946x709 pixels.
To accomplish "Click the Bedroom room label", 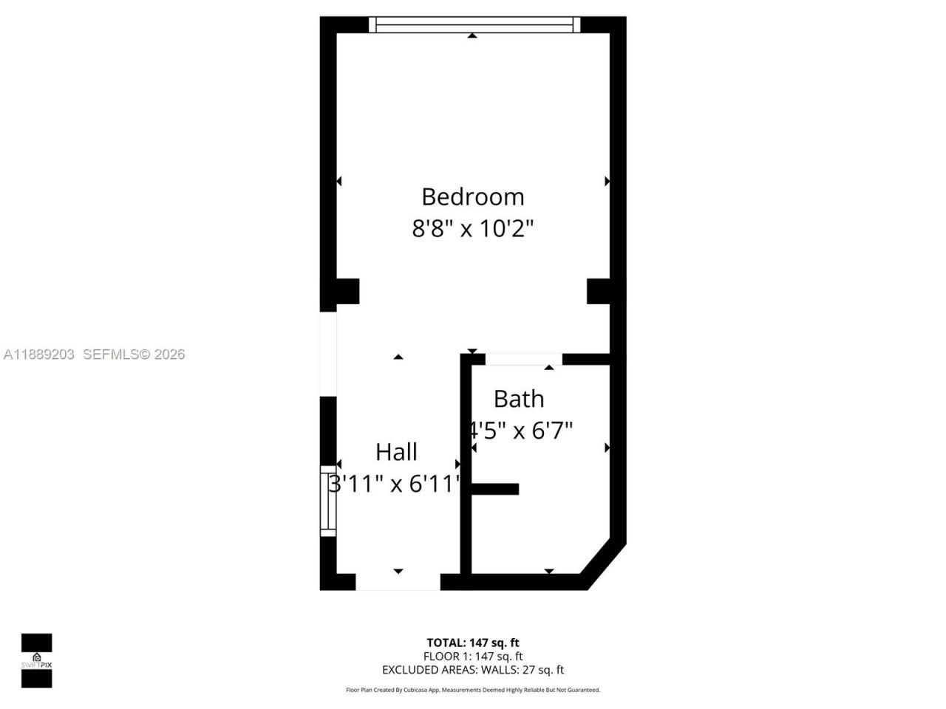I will pyautogui.click(x=472, y=196).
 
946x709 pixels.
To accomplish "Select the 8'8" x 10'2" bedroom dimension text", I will pyautogui.click(x=472, y=228).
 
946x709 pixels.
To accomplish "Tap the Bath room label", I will pyautogui.click(x=518, y=399).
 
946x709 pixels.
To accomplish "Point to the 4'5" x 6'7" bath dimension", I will pyautogui.click(x=522, y=430).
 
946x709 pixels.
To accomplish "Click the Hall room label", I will pyautogui.click(x=396, y=452).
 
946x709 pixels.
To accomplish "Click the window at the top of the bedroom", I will pyautogui.click(x=474, y=25).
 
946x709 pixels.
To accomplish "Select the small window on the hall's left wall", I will pyautogui.click(x=328, y=501).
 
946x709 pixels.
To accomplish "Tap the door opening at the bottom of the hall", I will pyautogui.click(x=398, y=581).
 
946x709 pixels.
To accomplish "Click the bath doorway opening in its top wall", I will pyautogui.click(x=523, y=360).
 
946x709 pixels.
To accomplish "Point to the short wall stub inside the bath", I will pyautogui.click(x=494, y=488).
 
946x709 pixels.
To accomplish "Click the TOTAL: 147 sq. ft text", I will pyautogui.click(x=472, y=643).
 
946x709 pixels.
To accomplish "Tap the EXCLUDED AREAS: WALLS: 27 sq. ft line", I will pyautogui.click(x=472, y=670).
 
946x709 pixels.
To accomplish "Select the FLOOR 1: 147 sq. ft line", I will pyautogui.click(x=472, y=656).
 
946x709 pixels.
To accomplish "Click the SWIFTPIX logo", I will pyautogui.click(x=36, y=660).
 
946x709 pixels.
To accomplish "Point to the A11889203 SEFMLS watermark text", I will pyautogui.click(x=94, y=354).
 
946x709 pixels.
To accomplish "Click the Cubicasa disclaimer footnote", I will pyautogui.click(x=473, y=690).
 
